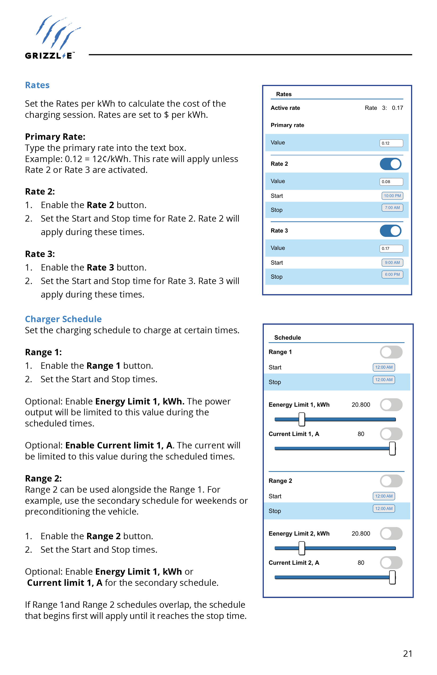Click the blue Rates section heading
(x=37, y=85)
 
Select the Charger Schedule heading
(x=63, y=319)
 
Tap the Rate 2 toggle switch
(x=390, y=164)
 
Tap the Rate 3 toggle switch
(x=390, y=231)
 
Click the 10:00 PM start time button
(x=392, y=196)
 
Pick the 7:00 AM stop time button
(x=392, y=208)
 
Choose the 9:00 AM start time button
(x=392, y=263)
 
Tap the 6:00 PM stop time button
(x=392, y=274)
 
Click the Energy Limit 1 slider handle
(x=302, y=419)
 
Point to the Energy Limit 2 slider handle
(x=302, y=548)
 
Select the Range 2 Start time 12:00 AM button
(x=384, y=496)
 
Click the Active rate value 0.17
(x=397, y=108)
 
